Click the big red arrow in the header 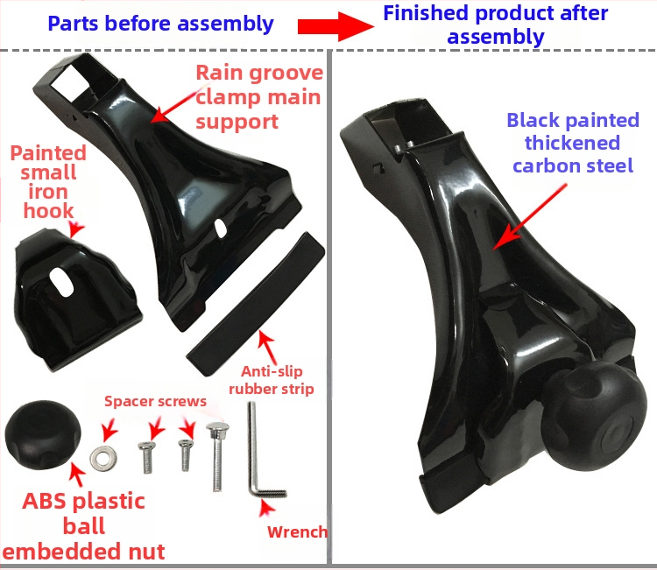(336, 26)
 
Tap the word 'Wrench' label (298, 531)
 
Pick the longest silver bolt (217, 456)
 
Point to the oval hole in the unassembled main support (221, 229)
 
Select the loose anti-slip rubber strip (256, 304)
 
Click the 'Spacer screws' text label (155, 401)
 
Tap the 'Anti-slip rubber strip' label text (272, 380)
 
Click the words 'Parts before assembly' (161, 24)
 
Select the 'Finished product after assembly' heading (496, 25)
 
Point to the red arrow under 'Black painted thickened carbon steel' (530, 217)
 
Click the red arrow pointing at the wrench (266, 508)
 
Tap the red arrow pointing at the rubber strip (268, 347)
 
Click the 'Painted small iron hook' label (48, 182)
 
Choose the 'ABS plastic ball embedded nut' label (84, 526)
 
